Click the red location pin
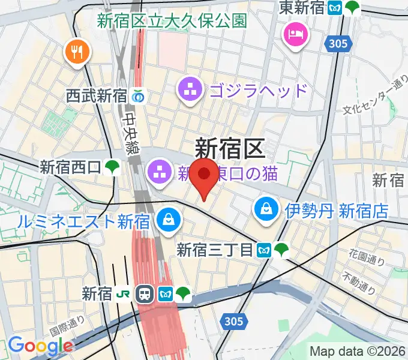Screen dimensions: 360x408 [206, 175]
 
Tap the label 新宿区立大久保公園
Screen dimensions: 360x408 [172, 21]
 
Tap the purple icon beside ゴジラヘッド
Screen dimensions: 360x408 [190, 91]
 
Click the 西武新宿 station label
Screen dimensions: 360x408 [96, 95]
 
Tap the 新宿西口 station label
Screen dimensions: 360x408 [70, 167]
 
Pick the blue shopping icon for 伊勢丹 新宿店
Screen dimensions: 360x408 [265, 209]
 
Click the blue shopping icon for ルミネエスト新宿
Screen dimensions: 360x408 [169, 220]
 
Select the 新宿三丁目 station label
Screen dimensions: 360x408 [214, 250]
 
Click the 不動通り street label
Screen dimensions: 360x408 [360, 284]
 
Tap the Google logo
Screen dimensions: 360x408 [40, 345]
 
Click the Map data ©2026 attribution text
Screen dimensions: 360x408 [356, 351]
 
